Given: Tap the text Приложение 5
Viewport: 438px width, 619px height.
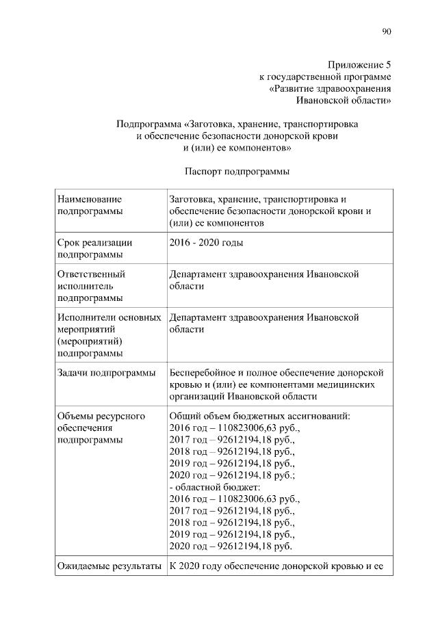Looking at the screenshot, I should click(359, 65).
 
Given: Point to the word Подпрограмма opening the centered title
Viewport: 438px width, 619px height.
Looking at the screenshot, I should click(148, 124).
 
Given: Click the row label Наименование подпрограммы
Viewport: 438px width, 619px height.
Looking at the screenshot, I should click(91, 205).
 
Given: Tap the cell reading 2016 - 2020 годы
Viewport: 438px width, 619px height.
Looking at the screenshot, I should click(205, 242).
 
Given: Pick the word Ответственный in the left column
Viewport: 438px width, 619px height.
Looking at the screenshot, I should click(92, 274).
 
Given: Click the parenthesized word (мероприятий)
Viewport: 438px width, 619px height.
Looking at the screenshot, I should click(90, 341).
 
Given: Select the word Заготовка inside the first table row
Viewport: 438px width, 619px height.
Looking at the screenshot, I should click(190, 199).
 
